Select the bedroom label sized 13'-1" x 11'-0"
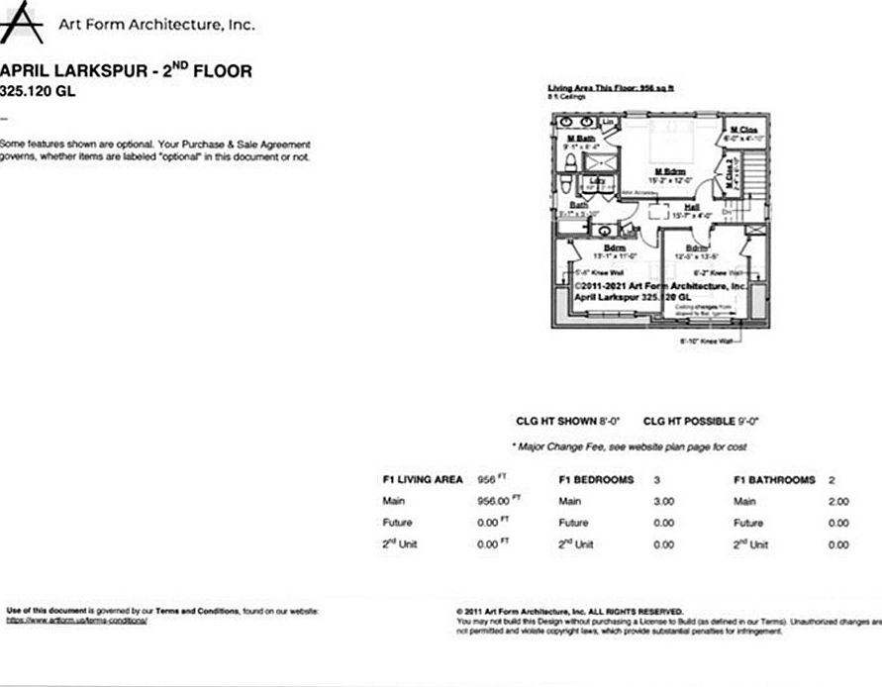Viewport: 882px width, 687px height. [615, 251]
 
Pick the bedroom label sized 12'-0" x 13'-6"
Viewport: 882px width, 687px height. [696, 251]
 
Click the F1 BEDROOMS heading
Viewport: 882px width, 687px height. [596, 480]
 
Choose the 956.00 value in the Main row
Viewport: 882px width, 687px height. [496, 502]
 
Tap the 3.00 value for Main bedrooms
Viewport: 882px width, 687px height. [663, 502]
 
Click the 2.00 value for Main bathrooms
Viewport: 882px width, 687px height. [837, 502]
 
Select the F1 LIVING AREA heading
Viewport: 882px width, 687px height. [423, 480]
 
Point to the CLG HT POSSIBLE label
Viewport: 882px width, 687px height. [689, 421]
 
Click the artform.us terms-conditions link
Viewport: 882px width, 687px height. [77, 621]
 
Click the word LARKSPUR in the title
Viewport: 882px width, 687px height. [104, 72]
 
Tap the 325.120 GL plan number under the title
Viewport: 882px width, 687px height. [37, 92]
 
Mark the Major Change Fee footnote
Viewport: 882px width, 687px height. [629, 447]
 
